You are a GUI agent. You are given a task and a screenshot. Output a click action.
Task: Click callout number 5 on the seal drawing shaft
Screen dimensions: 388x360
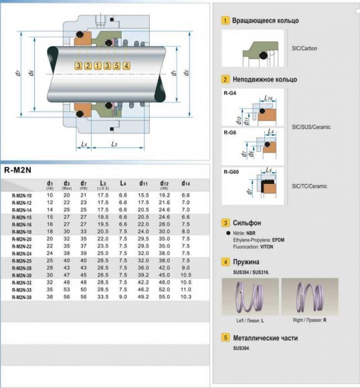click(x=116, y=66)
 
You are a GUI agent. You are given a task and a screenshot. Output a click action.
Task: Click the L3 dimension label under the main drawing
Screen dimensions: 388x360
click(x=114, y=144)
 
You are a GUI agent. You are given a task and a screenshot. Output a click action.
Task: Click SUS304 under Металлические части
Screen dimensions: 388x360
click(x=241, y=348)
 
